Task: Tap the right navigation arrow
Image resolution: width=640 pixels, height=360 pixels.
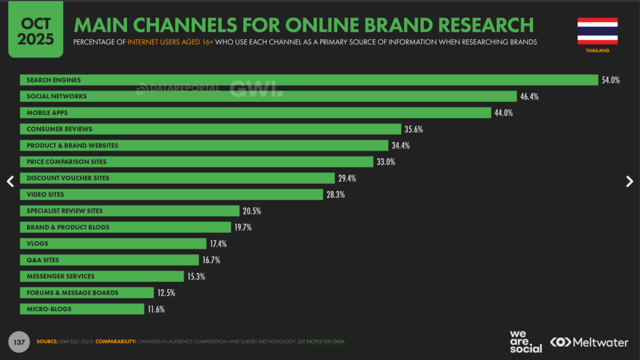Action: pos(629,181)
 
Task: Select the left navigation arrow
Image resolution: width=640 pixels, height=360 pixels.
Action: pos(10,181)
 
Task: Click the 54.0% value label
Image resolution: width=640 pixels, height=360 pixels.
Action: pos(611,80)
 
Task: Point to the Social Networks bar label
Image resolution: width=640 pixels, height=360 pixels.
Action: pos(56,96)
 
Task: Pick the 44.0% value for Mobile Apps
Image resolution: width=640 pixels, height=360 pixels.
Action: pos(504,112)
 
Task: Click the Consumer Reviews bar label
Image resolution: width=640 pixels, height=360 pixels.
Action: pos(59,129)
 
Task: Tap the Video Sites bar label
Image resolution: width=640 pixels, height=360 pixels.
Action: pos(45,194)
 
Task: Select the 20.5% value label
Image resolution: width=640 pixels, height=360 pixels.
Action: pos(252,211)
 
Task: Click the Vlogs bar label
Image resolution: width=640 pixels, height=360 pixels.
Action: pos(37,243)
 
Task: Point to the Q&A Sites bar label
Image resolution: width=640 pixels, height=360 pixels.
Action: pos(42,259)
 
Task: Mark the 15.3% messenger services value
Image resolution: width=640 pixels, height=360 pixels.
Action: pos(196,276)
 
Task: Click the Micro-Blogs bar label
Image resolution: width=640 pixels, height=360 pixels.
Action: pos(49,309)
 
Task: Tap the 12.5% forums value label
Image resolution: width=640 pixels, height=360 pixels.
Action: pos(166,292)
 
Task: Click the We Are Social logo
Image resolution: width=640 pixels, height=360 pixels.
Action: pos(526,341)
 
